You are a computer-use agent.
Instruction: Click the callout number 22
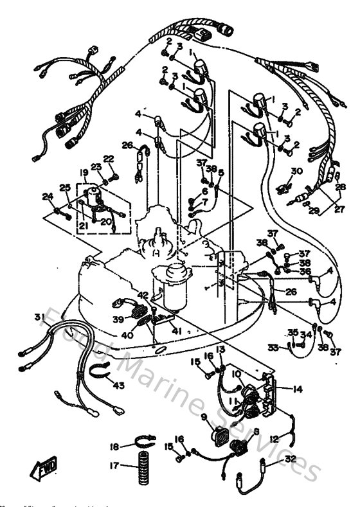tap(108, 158)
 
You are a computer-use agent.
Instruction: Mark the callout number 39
tap(118, 319)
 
